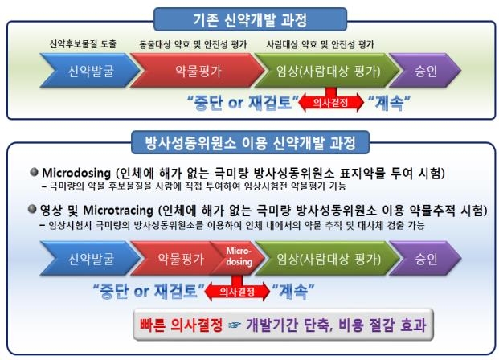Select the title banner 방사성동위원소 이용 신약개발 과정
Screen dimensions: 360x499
249,143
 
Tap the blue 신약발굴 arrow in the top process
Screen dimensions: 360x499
76,70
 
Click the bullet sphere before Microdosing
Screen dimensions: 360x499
35,173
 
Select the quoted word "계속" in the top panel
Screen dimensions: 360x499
393,103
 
